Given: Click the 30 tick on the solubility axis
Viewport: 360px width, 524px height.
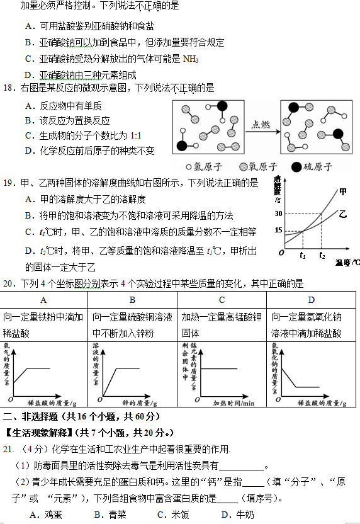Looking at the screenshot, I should click(278, 214).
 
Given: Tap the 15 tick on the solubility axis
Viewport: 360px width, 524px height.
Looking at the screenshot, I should click(278, 230).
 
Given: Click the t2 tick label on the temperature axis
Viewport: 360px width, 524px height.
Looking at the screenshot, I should click(322, 256).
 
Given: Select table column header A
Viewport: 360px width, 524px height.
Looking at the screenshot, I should click(43, 300).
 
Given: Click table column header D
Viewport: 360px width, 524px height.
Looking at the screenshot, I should click(311, 300).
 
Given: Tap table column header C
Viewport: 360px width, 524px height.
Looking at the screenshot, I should click(222, 300).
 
